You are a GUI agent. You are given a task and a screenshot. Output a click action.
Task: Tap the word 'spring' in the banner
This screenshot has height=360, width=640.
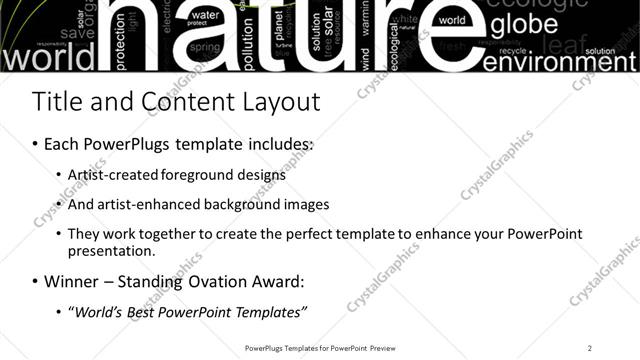pos(205,47)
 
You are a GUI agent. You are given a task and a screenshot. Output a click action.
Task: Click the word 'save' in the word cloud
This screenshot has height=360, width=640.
pos(77,33)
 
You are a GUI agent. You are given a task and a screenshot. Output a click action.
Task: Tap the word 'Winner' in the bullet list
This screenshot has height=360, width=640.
pos(71,281)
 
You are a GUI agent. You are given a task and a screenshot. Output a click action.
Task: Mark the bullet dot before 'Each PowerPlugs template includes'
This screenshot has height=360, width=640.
pos(36,145)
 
